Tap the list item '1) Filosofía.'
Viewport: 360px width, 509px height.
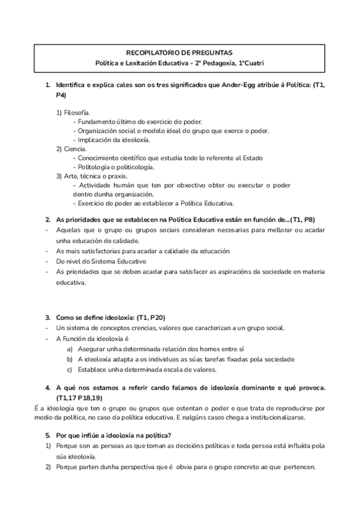[x=74, y=112]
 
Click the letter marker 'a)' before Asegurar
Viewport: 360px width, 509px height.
[x=70, y=349]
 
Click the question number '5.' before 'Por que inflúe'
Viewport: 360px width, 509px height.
[x=48, y=435]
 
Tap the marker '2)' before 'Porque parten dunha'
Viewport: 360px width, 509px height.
[x=49, y=468]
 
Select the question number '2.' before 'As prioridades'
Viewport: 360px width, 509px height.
[x=48, y=220]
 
